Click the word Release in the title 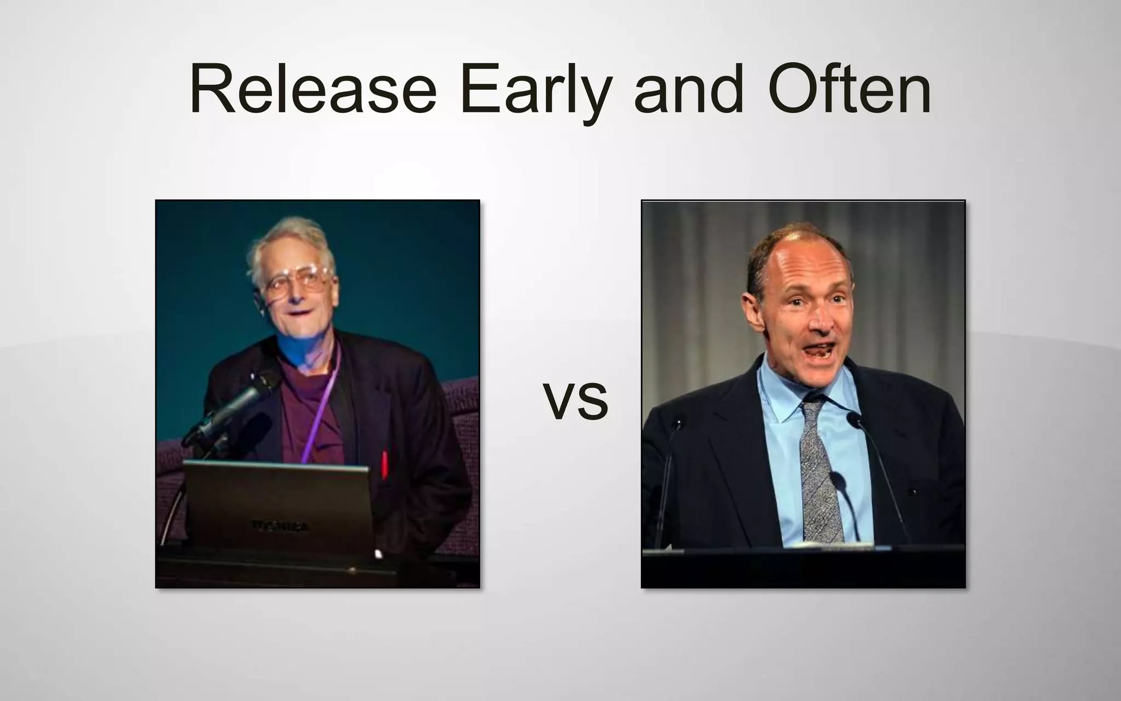point(313,89)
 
